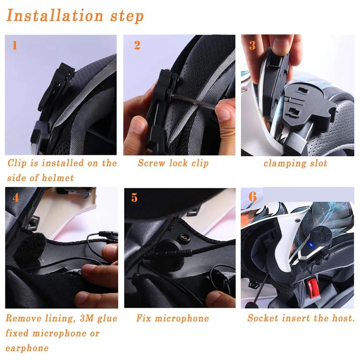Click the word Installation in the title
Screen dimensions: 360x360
point(54,16)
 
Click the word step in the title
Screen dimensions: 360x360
point(127,17)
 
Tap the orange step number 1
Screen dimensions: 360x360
point(15,45)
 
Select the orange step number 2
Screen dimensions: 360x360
point(137,45)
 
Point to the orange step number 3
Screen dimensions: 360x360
point(252,45)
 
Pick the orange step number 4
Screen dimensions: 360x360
point(16,198)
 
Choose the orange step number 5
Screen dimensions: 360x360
point(135,198)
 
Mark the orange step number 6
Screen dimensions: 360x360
point(253,197)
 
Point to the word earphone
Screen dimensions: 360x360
point(27,348)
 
